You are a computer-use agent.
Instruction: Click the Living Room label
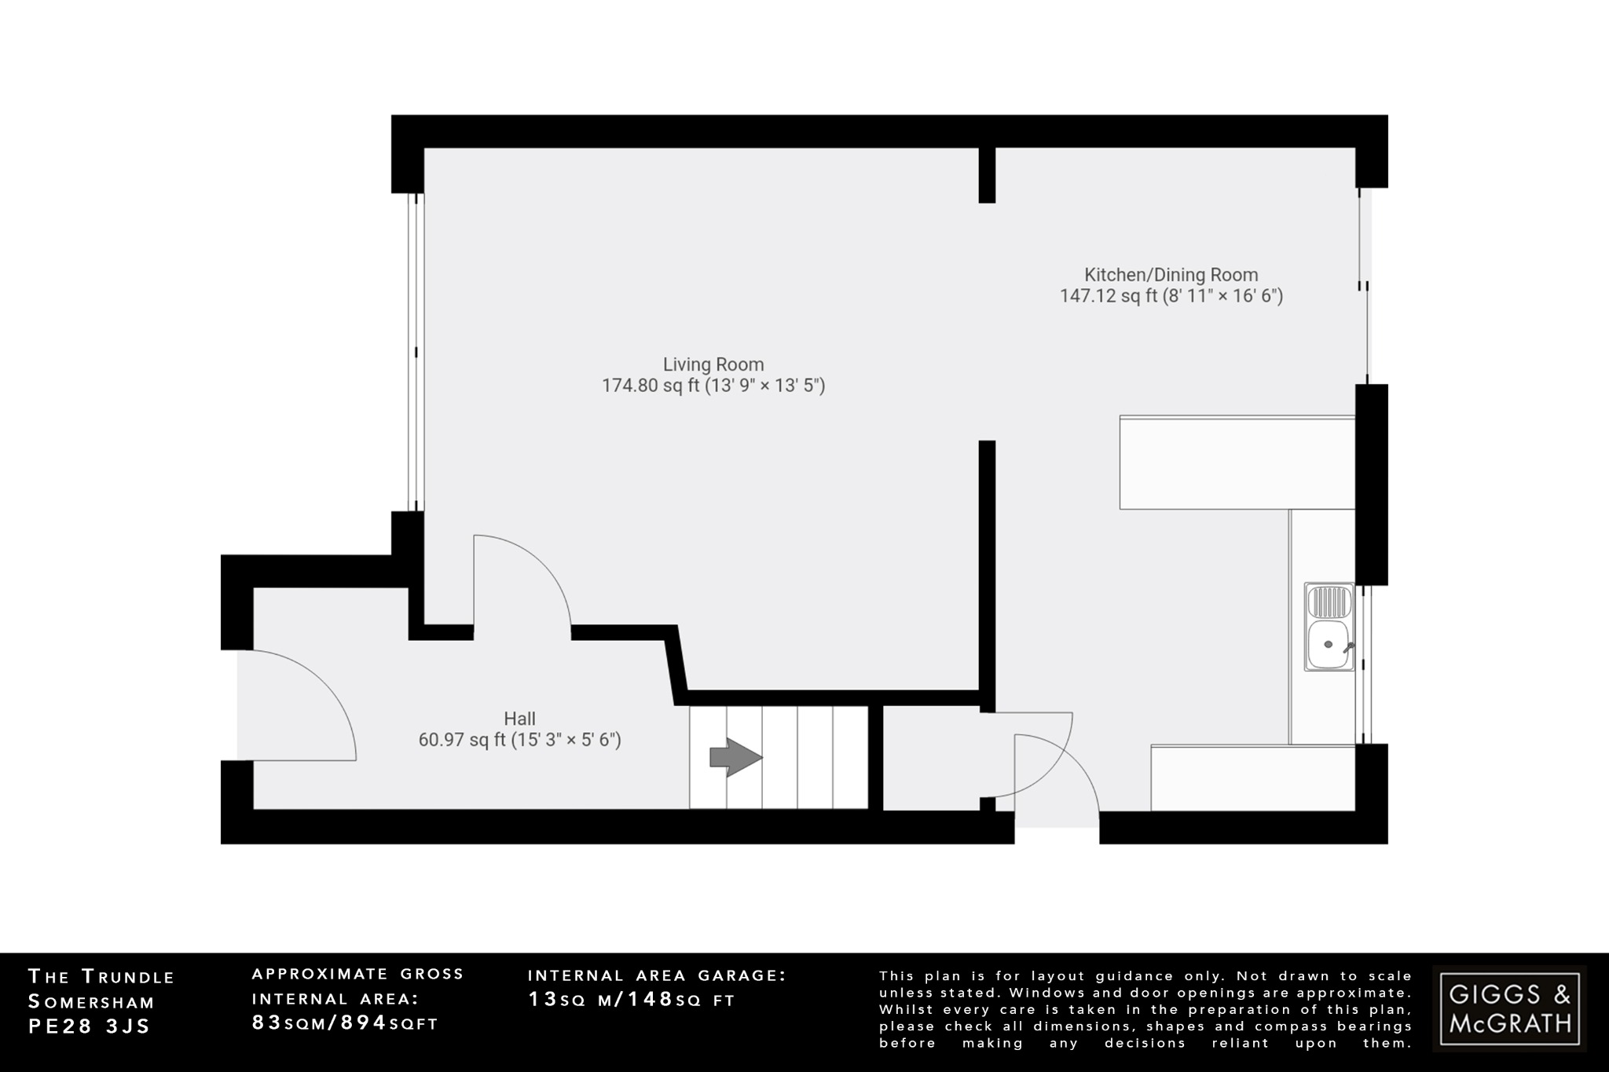713,364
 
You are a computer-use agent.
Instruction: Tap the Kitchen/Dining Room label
1171,275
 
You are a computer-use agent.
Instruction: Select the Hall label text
519,719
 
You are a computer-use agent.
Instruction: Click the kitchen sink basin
1329,645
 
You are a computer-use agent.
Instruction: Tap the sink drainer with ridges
1329,602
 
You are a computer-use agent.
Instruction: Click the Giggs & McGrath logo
1509,1009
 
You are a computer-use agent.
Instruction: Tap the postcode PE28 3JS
89,1026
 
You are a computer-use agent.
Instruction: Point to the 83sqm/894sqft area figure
345,1023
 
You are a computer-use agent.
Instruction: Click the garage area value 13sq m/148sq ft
631,1000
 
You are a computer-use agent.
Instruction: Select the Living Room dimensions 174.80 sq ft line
713,386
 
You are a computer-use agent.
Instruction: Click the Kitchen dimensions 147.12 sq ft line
1171,296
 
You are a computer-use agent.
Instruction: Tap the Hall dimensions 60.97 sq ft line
519,740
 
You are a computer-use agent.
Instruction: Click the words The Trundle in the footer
101,977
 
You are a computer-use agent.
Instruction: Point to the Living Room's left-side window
416,353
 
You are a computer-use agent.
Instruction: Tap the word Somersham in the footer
91,1002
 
